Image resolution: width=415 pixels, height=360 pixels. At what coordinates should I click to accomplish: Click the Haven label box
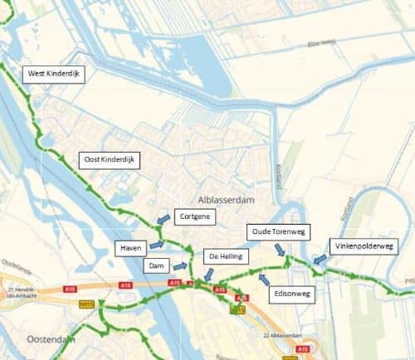(x=131, y=247)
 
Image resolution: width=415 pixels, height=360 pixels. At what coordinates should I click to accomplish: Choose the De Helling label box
(x=225, y=257)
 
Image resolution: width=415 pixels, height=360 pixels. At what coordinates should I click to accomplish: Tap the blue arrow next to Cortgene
(x=160, y=220)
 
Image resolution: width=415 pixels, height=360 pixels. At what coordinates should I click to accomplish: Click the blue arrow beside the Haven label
(x=157, y=246)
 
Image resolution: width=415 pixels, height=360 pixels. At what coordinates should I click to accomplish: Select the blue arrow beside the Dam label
(x=179, y=266)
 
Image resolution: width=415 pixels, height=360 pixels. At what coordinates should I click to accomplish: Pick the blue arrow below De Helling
(x=208, y=274)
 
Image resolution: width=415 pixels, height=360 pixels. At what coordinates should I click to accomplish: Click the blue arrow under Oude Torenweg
(x=281, y=249)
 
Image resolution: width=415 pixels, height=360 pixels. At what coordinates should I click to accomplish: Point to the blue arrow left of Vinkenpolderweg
(x=320, y=260)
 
